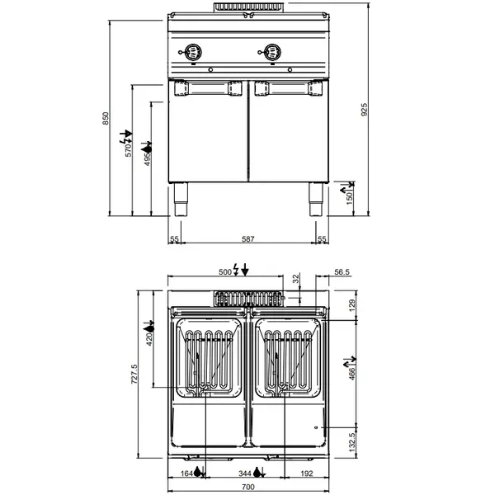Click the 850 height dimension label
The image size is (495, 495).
click(x=105, y=119)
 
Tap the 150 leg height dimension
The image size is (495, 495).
click(x=349, y=200)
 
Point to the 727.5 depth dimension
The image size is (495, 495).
click(x=146, y=379)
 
